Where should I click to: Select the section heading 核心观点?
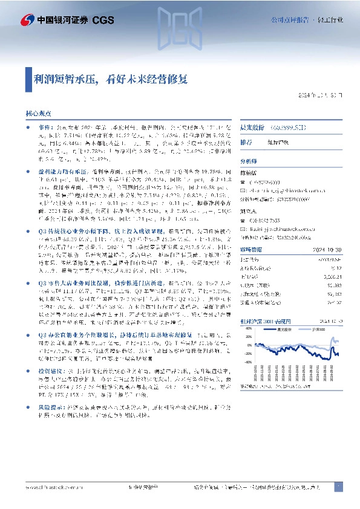coord(38,113)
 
